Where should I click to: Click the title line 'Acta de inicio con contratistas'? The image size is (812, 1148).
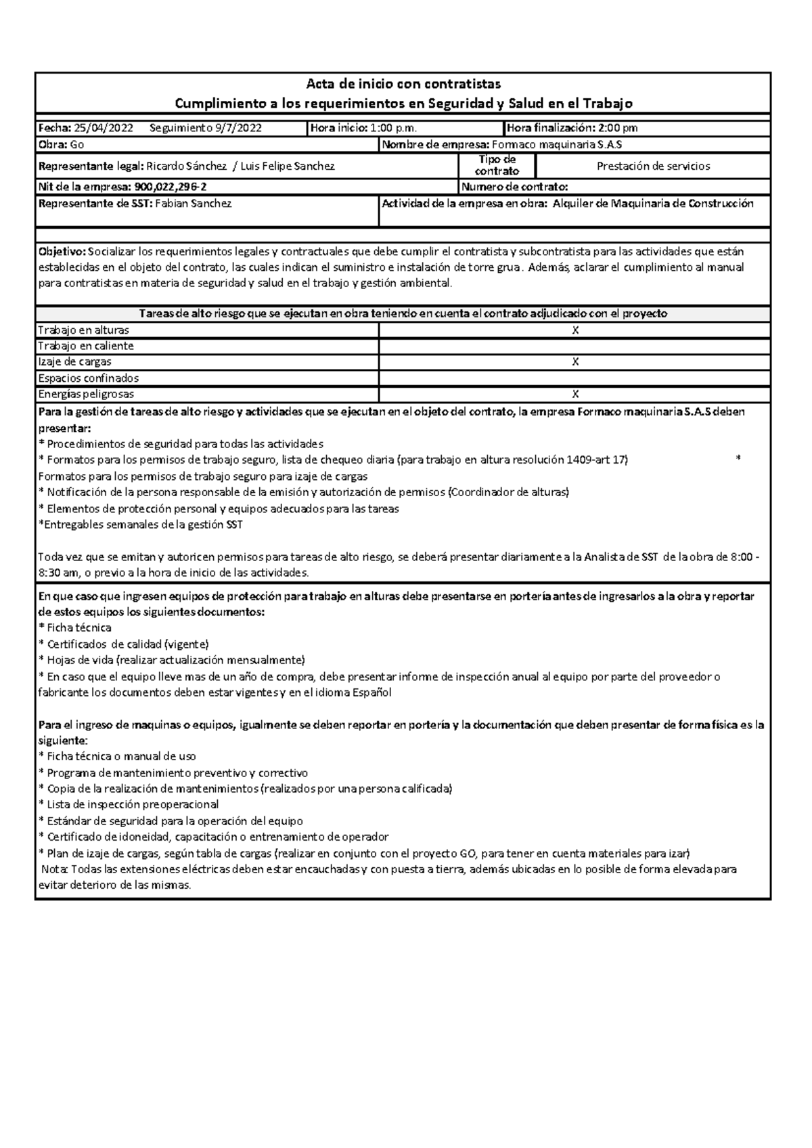pyautogui.click(x=403, y=84)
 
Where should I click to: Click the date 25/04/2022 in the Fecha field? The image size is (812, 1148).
pyautogui.click(x=104, y=128)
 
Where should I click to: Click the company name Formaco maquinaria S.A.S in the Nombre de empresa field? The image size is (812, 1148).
pyautogui.click(x=557, y=145)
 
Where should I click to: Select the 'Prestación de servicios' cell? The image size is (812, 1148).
pyautogui.click(x=653, y=166)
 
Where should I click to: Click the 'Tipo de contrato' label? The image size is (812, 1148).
pyautogui.click(x=497, y=165)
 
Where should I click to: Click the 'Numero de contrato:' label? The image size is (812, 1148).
pyautogui.click(x=514, y=187)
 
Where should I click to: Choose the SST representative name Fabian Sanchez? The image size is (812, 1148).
pyautogui.click(x=194, y=204)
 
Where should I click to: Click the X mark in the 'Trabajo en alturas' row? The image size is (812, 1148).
pyautogui.click(x=575, y=330)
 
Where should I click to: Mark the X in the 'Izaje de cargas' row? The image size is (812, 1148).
pyautogui.click(x=575, y=362)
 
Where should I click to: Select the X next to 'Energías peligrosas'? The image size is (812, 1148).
pyautogui.click(x=575, y=394)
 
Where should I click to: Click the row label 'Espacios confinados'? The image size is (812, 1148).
pyautogui.click(x=89, y=378)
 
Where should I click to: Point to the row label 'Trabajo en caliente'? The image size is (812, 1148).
pyautogui.click(x=86, y=346)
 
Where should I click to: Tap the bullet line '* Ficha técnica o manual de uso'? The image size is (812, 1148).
pyautogui.click(x=118, y=757)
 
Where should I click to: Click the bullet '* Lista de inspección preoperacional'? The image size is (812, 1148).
pyautogui.click(x=129, y=805)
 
